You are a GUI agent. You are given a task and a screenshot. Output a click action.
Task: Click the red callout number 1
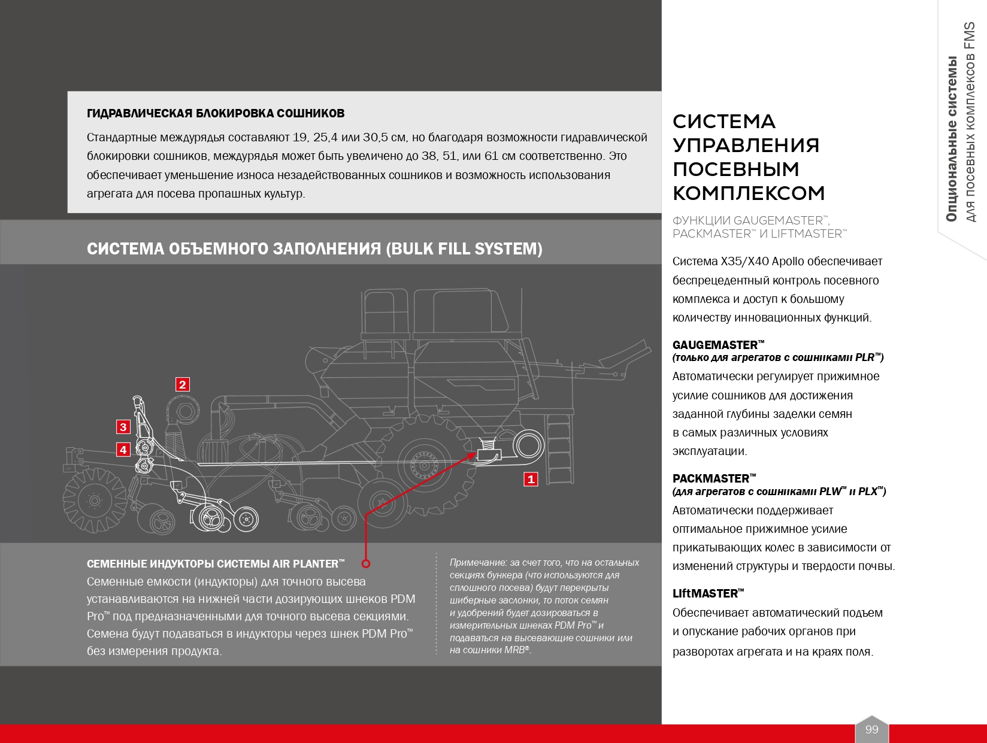click(x=531, y=479)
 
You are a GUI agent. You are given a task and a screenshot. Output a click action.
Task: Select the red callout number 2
click(x=183, y=384)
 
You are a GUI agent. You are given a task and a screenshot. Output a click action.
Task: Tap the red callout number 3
click(x=123, y=427)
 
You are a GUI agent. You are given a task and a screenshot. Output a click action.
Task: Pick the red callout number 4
click(x=123, y=450)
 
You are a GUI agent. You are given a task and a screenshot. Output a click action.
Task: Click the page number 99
click(x=871, y=729)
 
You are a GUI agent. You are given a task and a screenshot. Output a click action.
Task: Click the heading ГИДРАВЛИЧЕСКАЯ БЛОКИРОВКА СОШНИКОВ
click(x=216, y=114)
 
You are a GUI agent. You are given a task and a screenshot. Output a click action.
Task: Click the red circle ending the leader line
click(x=366, y=563)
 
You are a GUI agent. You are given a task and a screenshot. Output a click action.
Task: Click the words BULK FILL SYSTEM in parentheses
click(x=464, y=249)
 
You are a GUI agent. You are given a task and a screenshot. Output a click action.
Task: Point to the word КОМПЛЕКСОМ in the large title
click(x=749, y=193)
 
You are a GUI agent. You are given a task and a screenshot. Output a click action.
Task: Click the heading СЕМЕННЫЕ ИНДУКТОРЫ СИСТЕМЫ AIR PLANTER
click(x=216, y=564)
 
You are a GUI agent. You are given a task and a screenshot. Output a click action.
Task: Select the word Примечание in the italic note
click(x=478, y=563)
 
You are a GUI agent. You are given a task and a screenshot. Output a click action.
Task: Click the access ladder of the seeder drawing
click(x=558, y=446)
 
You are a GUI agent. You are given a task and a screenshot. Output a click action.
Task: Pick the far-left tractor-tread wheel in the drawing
click(x=93, y=499)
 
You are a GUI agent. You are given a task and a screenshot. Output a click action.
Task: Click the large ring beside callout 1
click(x=528, y=447)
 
